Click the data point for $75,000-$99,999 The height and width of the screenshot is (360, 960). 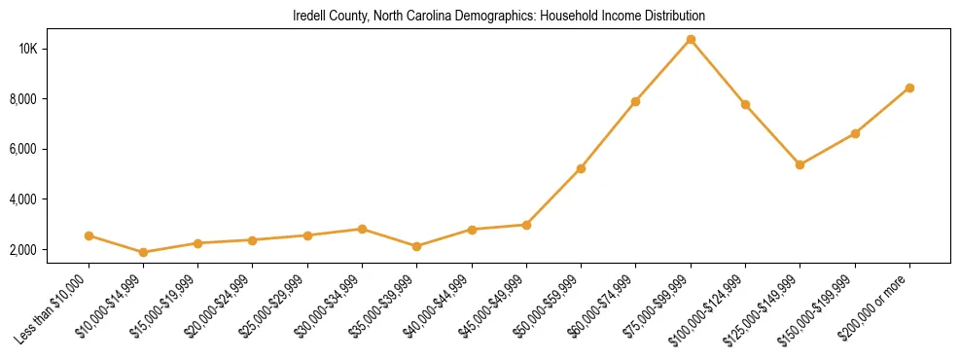click(691, 40)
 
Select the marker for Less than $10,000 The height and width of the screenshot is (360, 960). click(89, 235)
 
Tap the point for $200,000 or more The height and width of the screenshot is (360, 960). click(909, 88)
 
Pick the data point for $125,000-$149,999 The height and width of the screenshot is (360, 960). click(800, 164)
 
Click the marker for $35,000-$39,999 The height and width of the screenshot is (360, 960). click(417, 246)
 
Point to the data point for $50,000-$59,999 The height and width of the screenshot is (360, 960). click(581, 168)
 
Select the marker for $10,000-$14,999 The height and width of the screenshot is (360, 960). click(144, 252)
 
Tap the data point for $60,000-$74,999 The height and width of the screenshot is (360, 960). click(635, 101)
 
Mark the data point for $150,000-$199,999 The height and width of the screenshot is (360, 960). click(855, 133)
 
